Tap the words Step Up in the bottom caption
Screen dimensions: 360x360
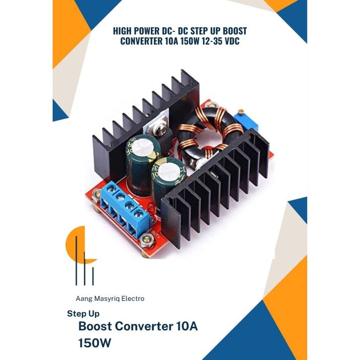(x=83, y=314)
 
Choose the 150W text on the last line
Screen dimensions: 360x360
(x=95, y=343)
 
